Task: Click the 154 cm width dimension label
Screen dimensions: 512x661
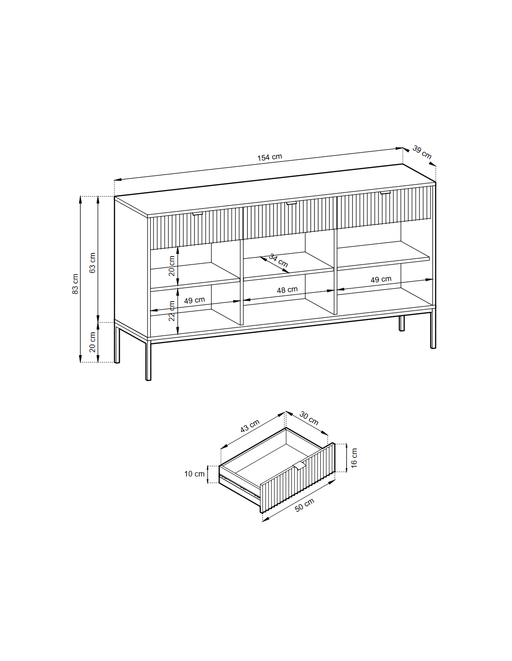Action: [x=269, y=157]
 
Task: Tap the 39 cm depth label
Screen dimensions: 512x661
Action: [x=422, y=152]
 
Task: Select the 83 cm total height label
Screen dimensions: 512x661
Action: [x=75, y=284]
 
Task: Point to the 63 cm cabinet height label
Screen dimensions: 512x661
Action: [x=93, y=263]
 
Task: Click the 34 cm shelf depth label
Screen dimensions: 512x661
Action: [x=278, y=261]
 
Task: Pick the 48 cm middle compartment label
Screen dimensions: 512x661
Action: [x=287, y=290]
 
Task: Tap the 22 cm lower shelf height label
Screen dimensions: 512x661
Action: [x=172, y=311]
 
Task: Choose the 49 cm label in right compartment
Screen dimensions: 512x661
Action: [x=381, y=279]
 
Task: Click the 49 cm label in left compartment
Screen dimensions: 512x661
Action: [x=194, y=300]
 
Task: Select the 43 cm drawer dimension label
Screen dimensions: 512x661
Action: [x=250, y=425]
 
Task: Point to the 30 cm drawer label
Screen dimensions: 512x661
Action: [x=309, y=418]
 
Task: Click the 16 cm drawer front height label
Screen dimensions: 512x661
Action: [x=354, y=458]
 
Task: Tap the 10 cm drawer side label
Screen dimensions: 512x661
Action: [x=194, y=474]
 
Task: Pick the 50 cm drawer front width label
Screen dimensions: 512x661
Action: [x=304, y=505]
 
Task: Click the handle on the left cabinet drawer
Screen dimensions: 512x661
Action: [x=197, y=214]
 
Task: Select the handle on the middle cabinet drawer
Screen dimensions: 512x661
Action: [x=291, y=203]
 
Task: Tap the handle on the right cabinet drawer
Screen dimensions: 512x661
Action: [x=385, y=192]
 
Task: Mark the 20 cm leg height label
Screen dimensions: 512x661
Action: [x=93, y=342]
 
